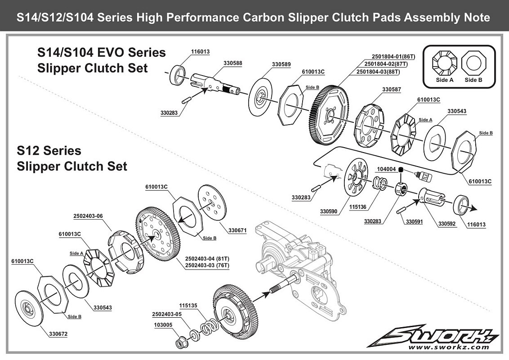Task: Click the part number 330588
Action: (x=232, y=63)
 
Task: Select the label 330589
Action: (x=281, y=65)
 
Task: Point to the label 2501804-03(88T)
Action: (x=378, y=72)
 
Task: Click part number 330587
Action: (x=392, y=90)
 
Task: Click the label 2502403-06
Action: (x=88, y=216)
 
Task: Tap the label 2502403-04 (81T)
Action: (x=207, y=259)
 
